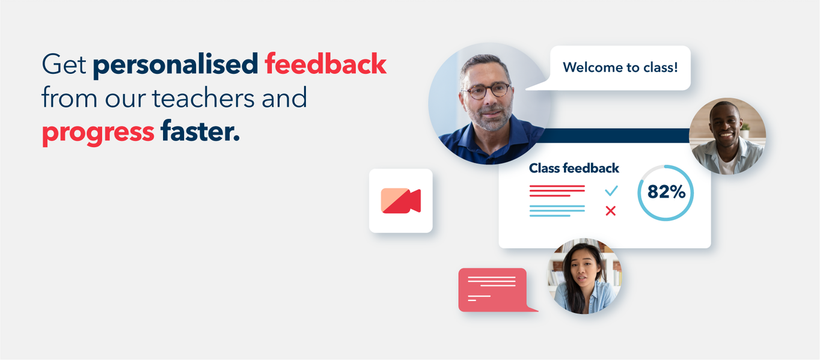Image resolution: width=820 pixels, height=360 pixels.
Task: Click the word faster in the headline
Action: click(x=200, y=130)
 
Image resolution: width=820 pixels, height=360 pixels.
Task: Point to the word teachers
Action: click(x=203, y=98)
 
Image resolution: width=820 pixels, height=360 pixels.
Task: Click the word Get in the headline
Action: click(x=64, y=64)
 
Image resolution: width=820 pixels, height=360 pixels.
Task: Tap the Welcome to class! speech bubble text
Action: click(x=620, y=67)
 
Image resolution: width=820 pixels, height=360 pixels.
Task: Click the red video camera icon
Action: click(x=401, y=201)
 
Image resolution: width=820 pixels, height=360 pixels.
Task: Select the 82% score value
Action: click(x=666, y=192)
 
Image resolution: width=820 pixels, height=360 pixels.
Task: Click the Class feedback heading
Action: click(x=574, y=168)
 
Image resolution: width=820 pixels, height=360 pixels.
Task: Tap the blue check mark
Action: click(x=611, y=191)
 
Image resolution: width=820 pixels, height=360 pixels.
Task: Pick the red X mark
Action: click(x=610, y=211)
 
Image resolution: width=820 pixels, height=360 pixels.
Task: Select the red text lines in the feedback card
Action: click(x=557, y=191)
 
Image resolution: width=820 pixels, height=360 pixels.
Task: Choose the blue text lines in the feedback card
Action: click(x=557, y=211)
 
